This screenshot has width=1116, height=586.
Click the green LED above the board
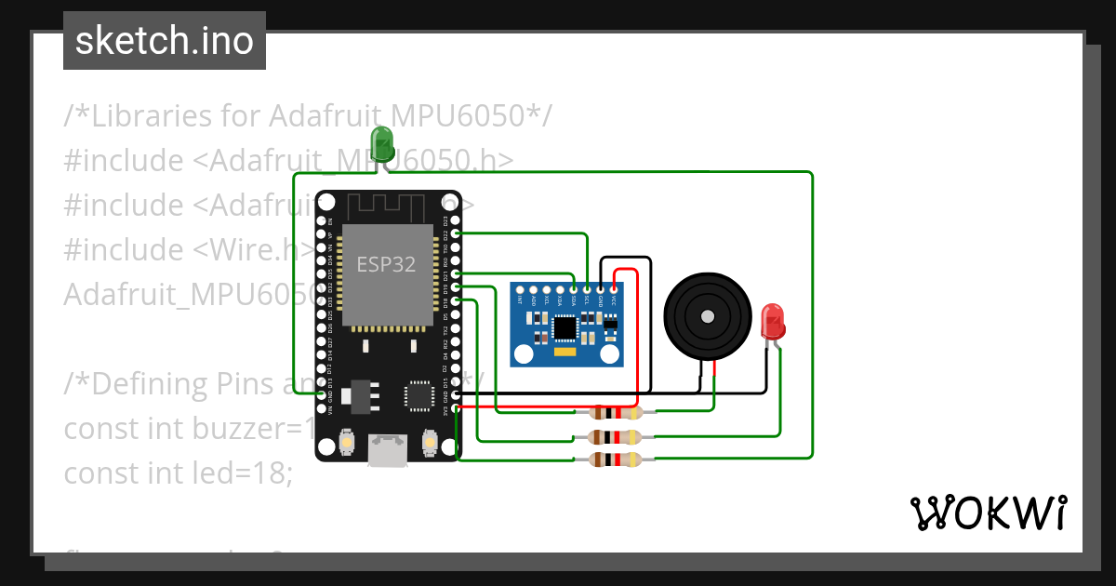382,144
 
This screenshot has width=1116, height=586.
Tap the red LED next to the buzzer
772,322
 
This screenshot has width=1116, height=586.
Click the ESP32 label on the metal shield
386,264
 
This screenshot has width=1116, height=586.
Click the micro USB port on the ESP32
387,450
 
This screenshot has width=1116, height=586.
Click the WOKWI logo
988,513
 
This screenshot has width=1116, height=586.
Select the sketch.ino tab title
164,41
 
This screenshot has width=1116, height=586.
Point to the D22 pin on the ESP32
456,234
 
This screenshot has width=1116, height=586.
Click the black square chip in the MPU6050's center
565,327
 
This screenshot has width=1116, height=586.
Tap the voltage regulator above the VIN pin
357,396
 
